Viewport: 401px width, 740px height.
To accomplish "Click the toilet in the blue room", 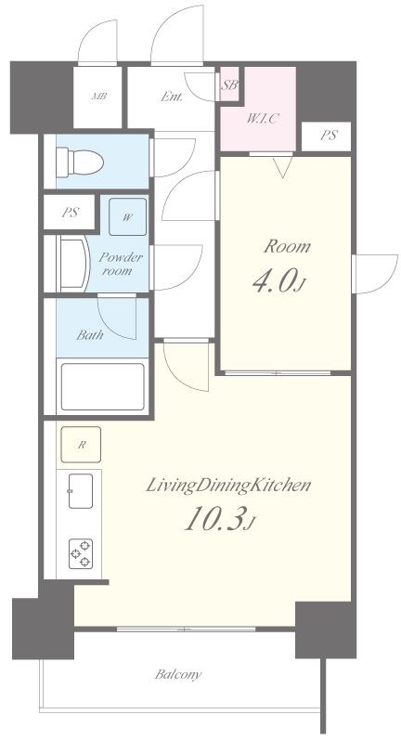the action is click(80, 162).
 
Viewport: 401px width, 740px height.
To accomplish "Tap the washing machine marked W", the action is click(127, 217).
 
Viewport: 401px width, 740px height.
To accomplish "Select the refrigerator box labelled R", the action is click(81, 445).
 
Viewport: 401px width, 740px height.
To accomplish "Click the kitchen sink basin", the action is click(81, 491).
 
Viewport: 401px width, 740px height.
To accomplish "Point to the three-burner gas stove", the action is click(81, 554).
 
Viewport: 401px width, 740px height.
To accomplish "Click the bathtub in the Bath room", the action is click(103, 386).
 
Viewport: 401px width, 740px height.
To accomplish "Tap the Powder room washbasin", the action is click(73, 265).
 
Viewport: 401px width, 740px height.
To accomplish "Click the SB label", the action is click(230, 85).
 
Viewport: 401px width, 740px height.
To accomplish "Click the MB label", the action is click(98, 97).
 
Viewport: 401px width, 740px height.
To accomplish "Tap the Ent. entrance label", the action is click(172, 97).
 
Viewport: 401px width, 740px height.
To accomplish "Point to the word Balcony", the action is click(178, 674).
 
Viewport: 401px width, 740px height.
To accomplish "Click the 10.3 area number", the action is click(220, 519).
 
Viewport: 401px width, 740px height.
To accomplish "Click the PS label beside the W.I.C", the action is click(329, 136).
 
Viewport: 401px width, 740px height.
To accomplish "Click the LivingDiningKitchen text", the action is click(227, 486).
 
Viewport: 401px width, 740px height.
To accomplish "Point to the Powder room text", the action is click(120, 265).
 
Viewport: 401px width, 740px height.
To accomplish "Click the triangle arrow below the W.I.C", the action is click(282, 167).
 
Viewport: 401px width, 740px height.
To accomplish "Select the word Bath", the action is click(90, 335).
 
